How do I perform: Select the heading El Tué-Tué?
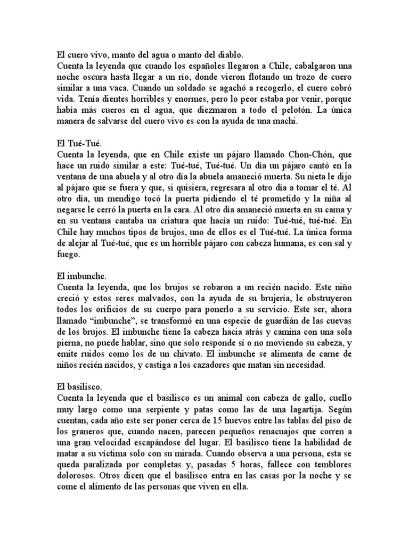77,145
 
